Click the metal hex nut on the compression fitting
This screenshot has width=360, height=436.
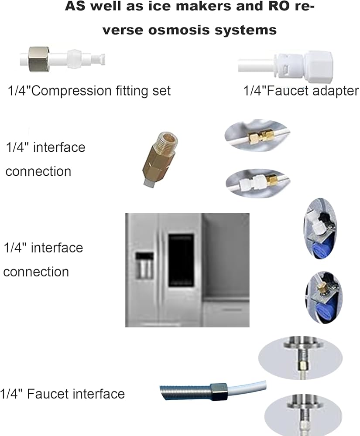point(39,59)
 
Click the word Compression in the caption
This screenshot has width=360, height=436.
point(72,91)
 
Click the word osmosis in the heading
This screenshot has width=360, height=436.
point(179,30)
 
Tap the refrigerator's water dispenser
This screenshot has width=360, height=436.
point(144,266)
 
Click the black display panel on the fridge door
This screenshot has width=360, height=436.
point(181,260)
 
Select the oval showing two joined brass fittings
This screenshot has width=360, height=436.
point(257,136)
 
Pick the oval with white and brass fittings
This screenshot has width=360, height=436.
point(258,183)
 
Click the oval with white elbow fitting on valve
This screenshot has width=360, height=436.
point(320,228)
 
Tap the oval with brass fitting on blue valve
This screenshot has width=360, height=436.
point(324,297)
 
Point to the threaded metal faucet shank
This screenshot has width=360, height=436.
point(185,392)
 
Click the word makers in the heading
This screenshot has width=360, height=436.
point(205,6)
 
